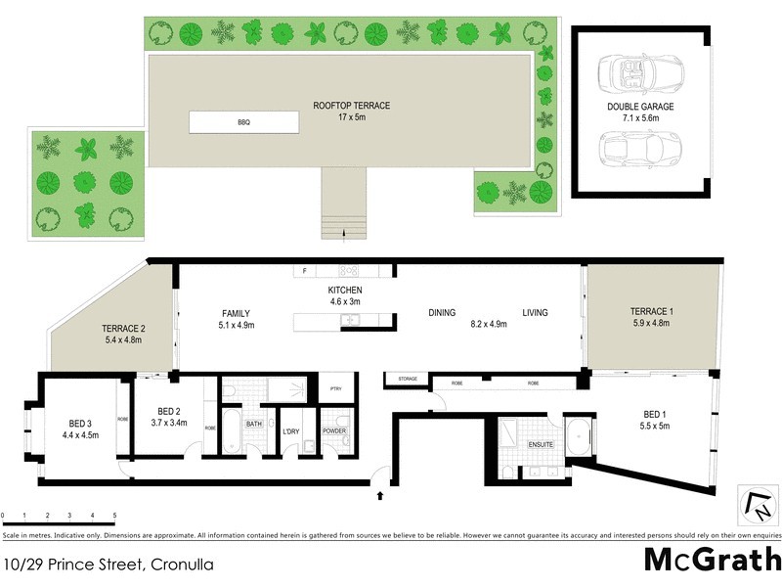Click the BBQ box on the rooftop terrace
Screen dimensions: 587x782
pyautogui.click(x=243, y=122)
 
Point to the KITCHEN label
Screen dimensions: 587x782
pyautogui.click(x=344, y=291)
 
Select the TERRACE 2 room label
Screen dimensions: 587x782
pyautogui.click(x=123, y=329)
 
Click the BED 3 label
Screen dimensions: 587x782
pyautogui.click(x=80, y=423)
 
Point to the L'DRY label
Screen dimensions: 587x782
pyautogui.click(x=290, y=430)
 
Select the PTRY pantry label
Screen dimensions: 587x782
pyautogui.click(x=334, y=388)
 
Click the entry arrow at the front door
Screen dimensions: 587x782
pyautogui.click(x=379, y=497)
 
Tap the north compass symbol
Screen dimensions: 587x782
pyautogui.click(x=757, y=505)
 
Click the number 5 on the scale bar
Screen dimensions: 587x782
pyautogui.click(x=114, y=515)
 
